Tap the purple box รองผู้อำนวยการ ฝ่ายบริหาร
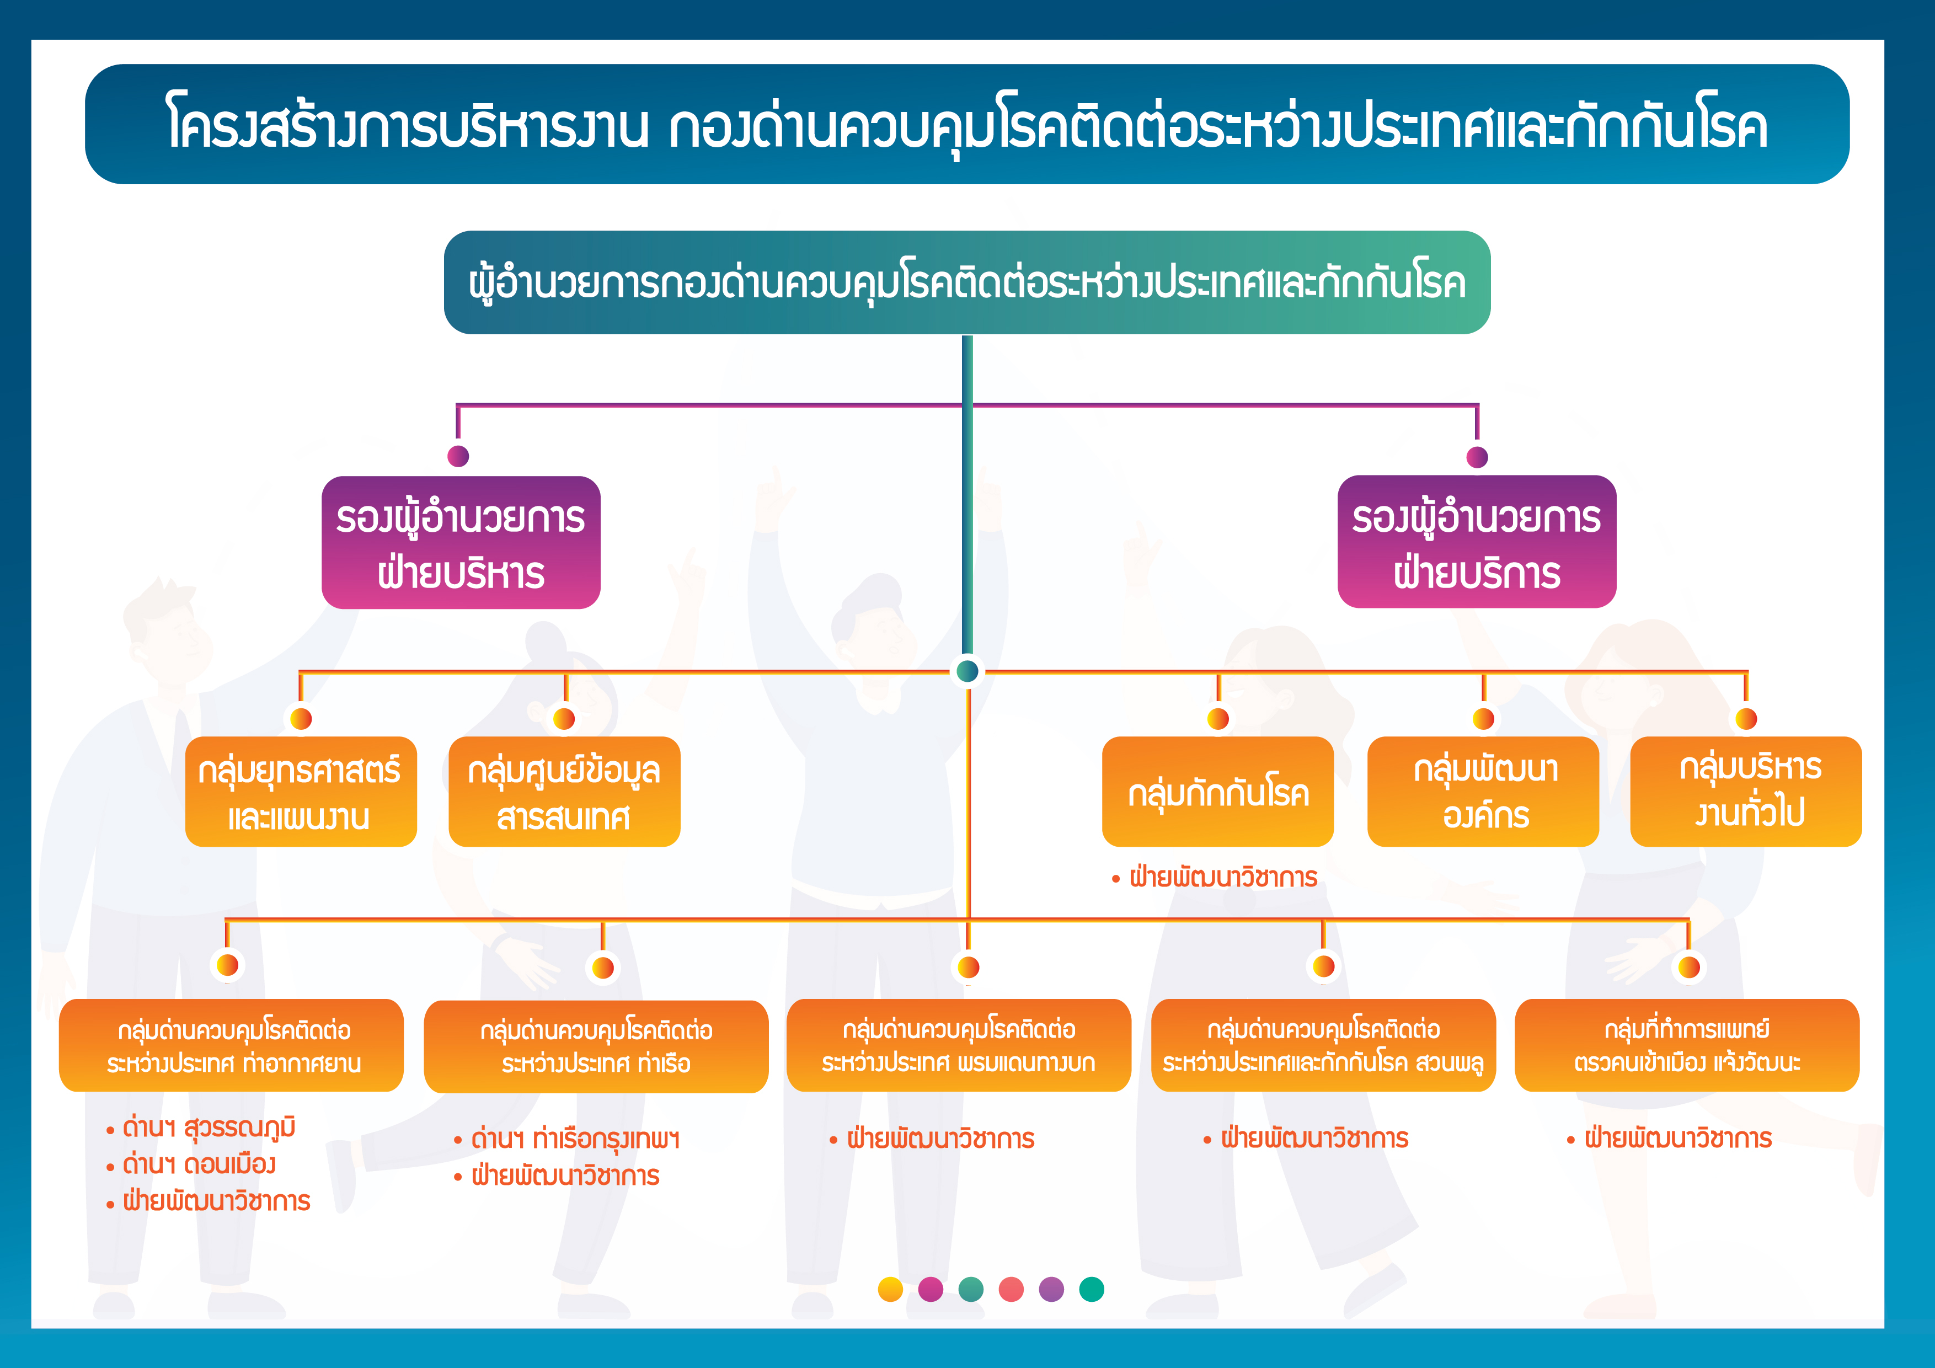pos(461,543)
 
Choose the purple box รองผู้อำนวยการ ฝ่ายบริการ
pos(1477,542)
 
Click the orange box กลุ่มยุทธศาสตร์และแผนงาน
pos(301,792)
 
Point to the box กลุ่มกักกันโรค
pos(1218,792)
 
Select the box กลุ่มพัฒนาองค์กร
pos(1483,792)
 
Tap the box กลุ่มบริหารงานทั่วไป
pos(1746,792)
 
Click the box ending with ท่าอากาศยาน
pos(231,1045)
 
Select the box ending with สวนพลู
pos(1323,1045)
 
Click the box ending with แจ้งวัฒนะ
pos(1687,1045)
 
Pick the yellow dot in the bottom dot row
pos(890,1289)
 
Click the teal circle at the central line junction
pos(967,671)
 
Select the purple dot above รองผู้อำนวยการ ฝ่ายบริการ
pos(1477,457)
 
